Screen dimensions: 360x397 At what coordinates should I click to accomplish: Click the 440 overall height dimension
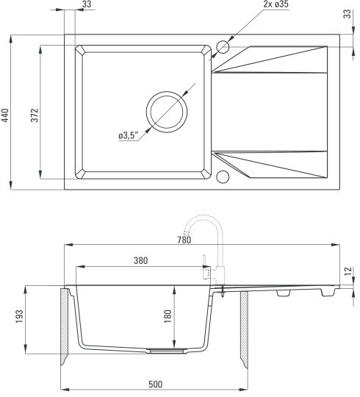[x=5, y=115]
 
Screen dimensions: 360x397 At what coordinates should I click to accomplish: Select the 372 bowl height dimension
[x=35, y=115]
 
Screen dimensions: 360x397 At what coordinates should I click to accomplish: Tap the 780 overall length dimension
[x=184, y=240]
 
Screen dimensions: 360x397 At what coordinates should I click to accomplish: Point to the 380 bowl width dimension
[x=140, y=260]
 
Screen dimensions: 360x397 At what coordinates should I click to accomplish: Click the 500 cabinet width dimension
[x=155, y=385]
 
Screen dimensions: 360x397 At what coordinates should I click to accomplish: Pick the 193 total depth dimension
[x=19, y=316]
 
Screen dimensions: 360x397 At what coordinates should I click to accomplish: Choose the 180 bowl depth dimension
[x=168, y=316]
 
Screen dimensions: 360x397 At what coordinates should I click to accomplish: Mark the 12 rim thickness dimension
[x=348, y=271]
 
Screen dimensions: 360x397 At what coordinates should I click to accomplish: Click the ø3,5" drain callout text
[x=129, y=135]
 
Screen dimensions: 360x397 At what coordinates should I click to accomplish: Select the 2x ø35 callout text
[x=276, y=4]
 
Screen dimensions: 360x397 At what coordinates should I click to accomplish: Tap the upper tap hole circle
[x=223, y=47]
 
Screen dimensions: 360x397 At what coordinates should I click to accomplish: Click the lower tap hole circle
[x=223, y=176]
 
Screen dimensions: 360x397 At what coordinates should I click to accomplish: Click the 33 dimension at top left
[x=87, y=4]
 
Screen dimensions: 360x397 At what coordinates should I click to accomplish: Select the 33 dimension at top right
[x=348, y=14]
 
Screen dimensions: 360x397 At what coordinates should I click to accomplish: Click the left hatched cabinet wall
[x=65, y=326]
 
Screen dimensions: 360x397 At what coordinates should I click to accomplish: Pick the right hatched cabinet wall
[x=244, y=329]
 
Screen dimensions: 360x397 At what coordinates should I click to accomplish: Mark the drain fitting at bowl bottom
[x=167, y=351]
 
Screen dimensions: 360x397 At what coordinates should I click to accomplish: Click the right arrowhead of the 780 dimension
[x=336, y=245]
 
